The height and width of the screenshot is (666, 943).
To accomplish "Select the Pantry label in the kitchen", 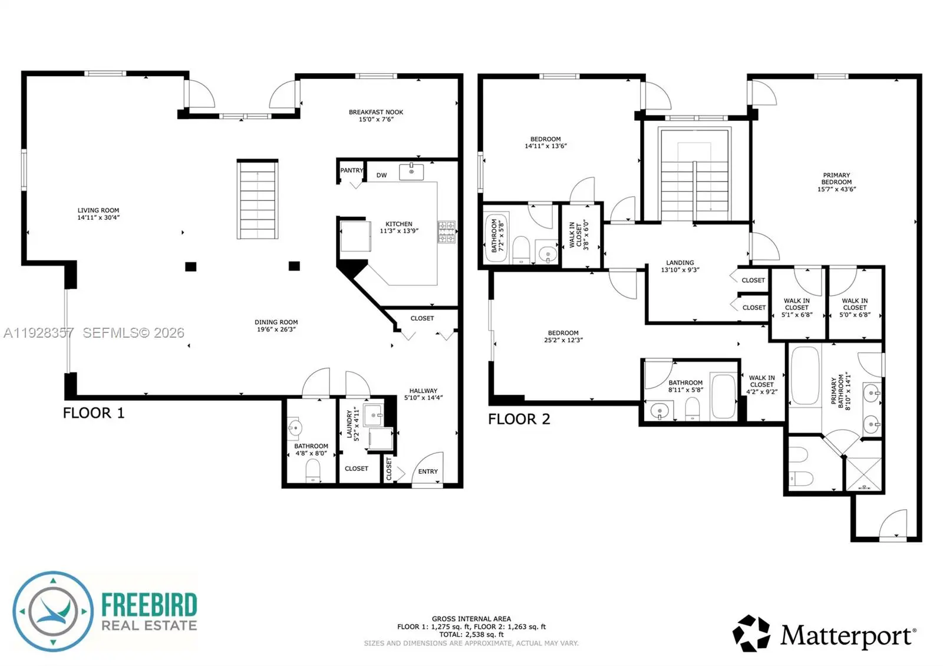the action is [351, 170].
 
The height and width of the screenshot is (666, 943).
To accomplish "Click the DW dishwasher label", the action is [381, 175].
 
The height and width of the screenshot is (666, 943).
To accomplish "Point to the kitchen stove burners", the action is [446, 232].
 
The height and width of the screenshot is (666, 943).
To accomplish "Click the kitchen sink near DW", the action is [411, 172].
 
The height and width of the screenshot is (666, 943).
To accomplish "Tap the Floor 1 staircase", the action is [257, 199].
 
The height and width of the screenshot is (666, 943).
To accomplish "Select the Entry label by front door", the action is [428, 472].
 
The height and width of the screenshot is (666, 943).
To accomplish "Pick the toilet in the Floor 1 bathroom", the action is [313, 471].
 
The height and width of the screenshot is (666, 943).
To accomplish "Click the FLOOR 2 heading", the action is [519, 419].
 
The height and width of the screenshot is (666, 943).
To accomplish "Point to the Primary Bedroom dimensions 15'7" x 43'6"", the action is [836, 189].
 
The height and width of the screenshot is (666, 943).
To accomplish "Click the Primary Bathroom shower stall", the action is [864, 474].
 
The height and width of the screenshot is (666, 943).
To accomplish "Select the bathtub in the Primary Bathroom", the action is [805, 375].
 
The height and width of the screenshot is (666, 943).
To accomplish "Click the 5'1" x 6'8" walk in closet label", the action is [796, 315].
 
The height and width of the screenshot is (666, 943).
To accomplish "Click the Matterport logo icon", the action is [751, 633].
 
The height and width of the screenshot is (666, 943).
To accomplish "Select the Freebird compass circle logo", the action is [53, 611].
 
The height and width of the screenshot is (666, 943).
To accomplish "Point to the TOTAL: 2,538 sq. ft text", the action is [471, 634].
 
